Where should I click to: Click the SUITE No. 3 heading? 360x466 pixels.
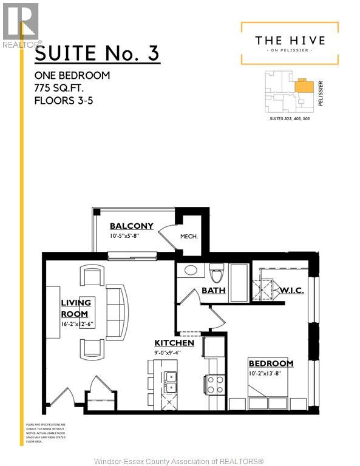[97, 54]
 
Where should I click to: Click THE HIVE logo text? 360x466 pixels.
[290, 41]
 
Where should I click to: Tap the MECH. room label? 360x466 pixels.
[189, 236]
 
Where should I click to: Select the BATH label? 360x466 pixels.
[213, 291]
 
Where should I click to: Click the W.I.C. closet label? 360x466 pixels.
[291, 291]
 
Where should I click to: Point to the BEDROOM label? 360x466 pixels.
[270, 363]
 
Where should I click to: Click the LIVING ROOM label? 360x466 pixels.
[75, 308]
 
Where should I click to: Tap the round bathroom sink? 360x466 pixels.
[190, 271]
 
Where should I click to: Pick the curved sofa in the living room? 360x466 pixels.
[115, 312]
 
